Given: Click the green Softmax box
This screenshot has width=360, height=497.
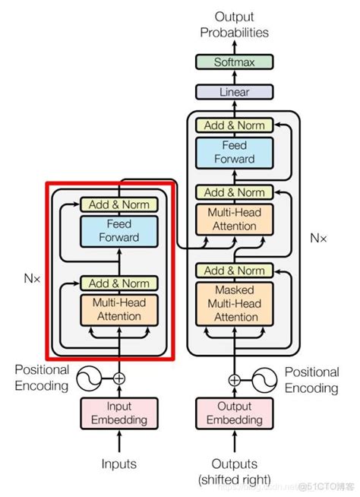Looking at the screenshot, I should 234,62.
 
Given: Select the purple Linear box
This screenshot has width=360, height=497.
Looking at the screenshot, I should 234,91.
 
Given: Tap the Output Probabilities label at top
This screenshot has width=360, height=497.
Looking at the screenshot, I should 234,24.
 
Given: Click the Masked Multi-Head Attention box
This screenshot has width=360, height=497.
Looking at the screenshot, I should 234,302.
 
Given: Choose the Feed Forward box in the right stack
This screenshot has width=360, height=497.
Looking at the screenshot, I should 234,152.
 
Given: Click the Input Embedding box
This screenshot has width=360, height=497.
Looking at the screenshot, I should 118,413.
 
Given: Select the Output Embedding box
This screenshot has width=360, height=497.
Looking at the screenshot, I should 234,413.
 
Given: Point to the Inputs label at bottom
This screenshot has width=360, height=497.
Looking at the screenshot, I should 118,464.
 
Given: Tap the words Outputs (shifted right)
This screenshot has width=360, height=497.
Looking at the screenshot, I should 234,471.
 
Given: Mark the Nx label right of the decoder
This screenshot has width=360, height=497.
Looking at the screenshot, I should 319,238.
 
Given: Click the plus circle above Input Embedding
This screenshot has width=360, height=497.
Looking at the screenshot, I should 118,378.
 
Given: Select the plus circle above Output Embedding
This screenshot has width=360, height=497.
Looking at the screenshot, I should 234,379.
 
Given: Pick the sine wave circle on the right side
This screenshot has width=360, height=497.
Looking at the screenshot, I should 263,379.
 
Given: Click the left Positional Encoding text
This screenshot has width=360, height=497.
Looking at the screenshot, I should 43,378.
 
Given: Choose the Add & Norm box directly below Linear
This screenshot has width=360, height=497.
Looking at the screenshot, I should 234,125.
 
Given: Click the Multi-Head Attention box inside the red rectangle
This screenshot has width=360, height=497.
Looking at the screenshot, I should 118,309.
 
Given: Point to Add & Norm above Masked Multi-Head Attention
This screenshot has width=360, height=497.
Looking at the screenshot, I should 234,271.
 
